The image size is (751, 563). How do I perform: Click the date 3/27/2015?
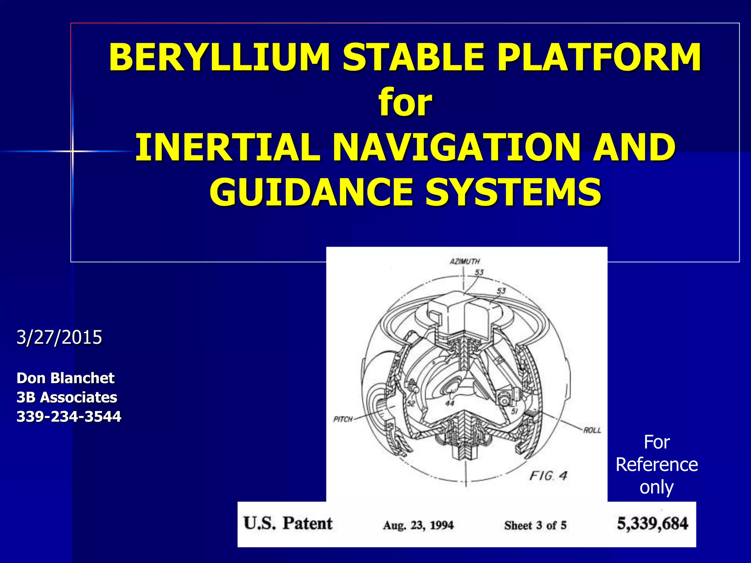[x=59, y=337]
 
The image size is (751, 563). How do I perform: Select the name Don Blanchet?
[x=66, y=378]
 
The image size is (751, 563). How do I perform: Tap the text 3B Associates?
[x=67, y=397]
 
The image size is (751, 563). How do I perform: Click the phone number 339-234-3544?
[x=69, y=417]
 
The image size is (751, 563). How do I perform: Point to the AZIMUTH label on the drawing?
[x=465, y=261]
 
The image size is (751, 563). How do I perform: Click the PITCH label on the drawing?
[x=343, y=419]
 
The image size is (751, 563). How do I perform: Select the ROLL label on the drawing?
[x=592, y=430]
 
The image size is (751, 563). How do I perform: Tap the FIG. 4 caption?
[x=548, y=476]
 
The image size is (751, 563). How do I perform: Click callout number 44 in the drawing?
[x=450, y=403]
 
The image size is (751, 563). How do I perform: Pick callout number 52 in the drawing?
[x=411, y=404]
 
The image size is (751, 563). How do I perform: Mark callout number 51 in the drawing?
[x=514, y=411]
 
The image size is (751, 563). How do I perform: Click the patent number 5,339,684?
[x=652, y=523]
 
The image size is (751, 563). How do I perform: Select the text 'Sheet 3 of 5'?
[x=535, y=525]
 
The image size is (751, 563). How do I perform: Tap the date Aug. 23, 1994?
[x=418, y=525]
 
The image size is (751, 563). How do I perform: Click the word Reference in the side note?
[x=657, y=465]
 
